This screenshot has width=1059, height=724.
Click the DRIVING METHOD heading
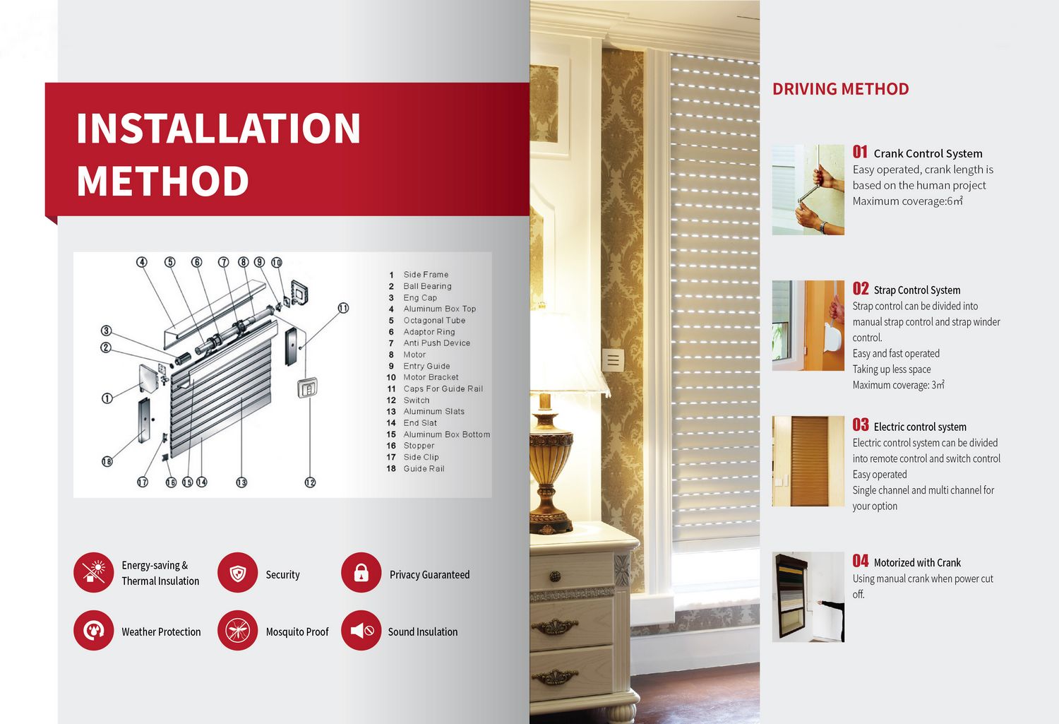tap(841, 89)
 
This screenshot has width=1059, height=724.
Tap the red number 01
tap(860, 152)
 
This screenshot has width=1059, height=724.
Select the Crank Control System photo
tap(808, 189)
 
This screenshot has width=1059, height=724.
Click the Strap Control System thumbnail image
tap(808, 326)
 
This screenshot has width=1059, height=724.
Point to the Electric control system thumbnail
tap(808, 461)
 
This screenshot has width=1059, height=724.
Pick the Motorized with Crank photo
tap(808, 597)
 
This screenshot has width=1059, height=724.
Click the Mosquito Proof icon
tap(238, 630)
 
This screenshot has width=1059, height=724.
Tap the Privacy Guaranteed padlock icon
tap(361, 573)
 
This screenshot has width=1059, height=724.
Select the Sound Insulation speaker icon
tap(361, 630)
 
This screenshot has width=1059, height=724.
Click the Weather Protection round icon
tap(94, 630)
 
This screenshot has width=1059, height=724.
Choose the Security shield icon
tap(238, 573)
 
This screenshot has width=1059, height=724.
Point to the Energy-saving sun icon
tap(94, 573)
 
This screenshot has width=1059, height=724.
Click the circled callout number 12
tap(310, 482)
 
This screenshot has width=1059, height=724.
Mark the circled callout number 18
tap(107, 461)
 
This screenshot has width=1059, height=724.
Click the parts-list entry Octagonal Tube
tap(434, 320)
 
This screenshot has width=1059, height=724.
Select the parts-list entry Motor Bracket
tap(431, 377)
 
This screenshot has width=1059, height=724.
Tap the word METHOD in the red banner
tap(162, 181)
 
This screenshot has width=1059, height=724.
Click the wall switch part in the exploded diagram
tap(307, 388)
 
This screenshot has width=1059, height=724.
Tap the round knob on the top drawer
tap(555, 576)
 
